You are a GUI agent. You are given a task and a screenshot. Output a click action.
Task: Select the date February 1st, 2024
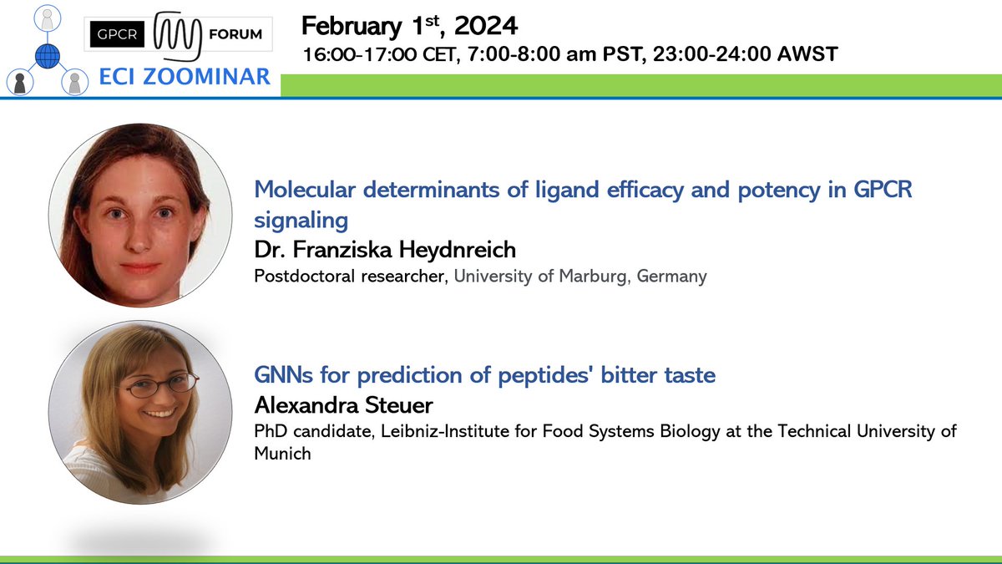coord(409,25)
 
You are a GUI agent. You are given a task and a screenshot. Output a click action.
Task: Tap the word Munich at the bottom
coord(282,454)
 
